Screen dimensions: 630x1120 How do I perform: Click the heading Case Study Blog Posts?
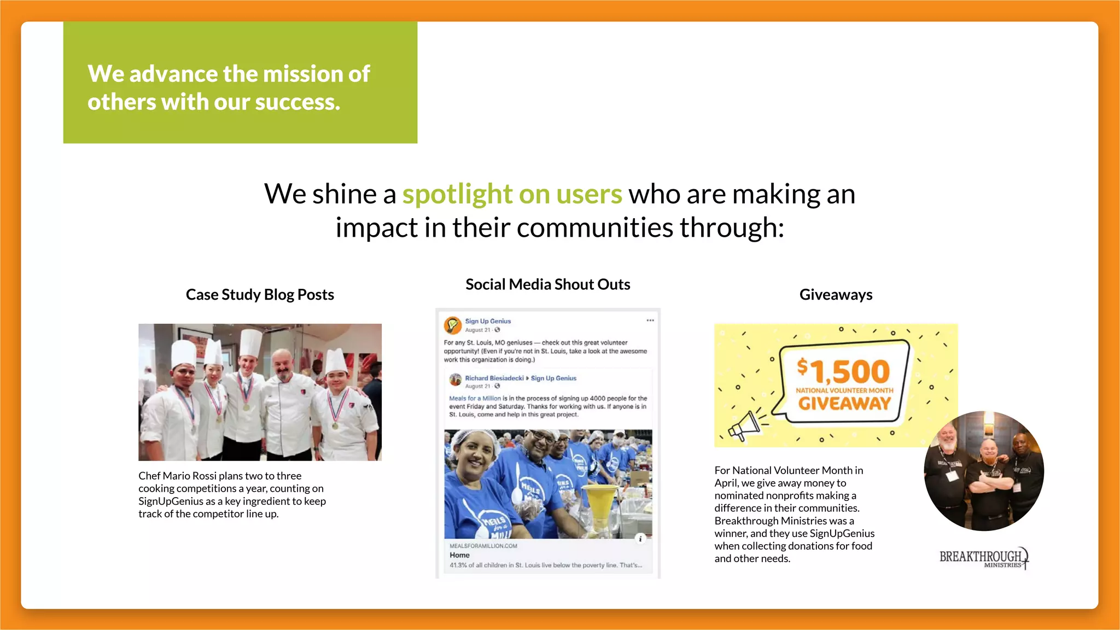point(260,295)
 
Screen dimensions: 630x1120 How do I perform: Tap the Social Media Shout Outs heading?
point(547,284)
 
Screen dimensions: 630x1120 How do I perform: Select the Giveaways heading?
point(836,295)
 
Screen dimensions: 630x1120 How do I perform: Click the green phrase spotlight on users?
point(512,194)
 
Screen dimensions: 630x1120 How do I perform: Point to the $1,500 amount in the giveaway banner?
point(843,371)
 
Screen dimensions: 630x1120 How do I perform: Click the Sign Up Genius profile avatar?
point(452,325)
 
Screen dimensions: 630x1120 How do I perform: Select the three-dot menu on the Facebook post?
point(650,320)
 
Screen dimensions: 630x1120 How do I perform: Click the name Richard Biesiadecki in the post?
point(494,378)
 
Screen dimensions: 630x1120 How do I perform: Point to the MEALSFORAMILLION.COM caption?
point(483,546)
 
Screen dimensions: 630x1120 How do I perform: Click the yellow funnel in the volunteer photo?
point(598,503)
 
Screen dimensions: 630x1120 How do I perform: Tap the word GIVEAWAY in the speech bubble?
point(844,404)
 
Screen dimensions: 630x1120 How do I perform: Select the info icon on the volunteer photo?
point(640,539)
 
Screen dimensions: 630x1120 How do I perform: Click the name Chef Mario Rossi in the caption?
point(177,476)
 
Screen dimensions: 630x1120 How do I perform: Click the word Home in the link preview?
point(459,555)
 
